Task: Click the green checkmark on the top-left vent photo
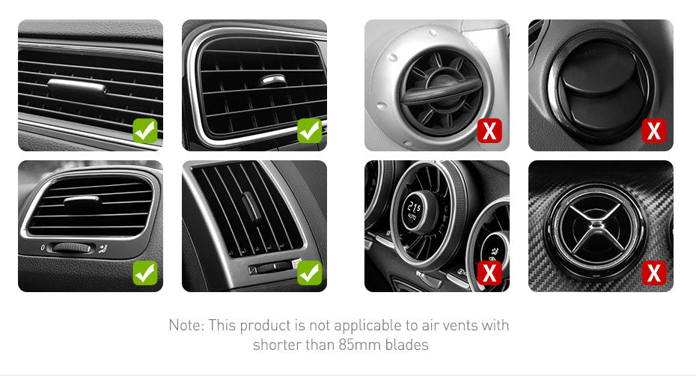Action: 145,130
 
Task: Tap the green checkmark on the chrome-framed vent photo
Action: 309,130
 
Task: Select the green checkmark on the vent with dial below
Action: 145,273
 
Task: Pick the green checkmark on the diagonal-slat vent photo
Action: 309,273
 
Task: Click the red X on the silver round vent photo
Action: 489,130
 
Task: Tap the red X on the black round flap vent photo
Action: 654,130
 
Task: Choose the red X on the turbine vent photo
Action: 489,273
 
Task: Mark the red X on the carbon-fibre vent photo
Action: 654,273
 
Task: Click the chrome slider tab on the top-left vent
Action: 76,86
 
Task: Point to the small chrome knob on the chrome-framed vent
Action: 273,80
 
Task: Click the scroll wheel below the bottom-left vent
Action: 71,248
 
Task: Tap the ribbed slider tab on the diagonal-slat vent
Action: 250,207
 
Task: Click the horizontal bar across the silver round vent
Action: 441,93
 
